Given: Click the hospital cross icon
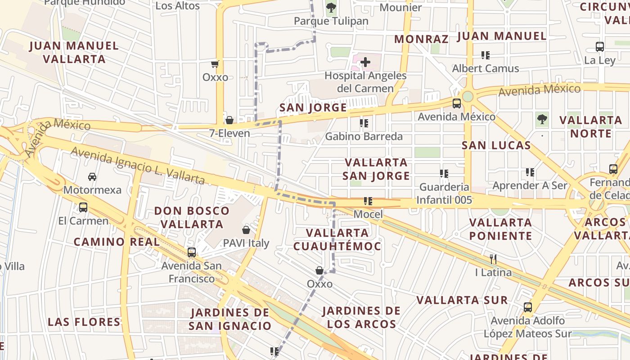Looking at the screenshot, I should pyautogui.click(x=365, y=62).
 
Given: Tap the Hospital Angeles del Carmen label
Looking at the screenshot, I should pyautogui.click(x=365, y=82).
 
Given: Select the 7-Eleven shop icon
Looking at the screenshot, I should pyautogui.click(x=229, y=120).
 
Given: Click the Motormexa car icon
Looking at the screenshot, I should pyautogui.click(x=92, y=176).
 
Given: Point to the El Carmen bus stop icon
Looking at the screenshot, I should pyautogui.click(x=83, y=207).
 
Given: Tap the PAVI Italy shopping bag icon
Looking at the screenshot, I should pyautogui.click(x=246, y=230).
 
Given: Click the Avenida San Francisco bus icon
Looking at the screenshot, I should pyautogui.click(x=192, y=252).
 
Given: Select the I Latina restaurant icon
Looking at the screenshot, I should pyautogui.click(x=493, y=259).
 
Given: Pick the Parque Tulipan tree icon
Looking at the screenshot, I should pyautogui.click(x=331, y=7).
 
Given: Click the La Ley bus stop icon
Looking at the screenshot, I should pyautogui.click(x=600, y=46).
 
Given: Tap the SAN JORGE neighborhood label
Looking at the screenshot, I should pyautogui.click(x=313, y=108).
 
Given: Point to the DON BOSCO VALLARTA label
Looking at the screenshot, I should pyautogui.click(x=192, y=217).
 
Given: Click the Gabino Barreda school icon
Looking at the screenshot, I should pyautogui.click(x=364, y=123).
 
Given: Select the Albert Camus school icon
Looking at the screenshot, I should pyautogui.click(x=485, y=55).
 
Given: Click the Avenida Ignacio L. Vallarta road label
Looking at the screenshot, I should pyautogui.click(x=138, y=166).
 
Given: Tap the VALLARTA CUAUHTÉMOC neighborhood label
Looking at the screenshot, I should pyautogui.click(x=337, y=239).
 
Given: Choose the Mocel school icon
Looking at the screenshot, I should pyautogui.click(x=368, y=201).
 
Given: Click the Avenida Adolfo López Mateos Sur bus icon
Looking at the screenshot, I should pyautogui.click(x=528, y=307).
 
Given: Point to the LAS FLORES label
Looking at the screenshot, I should pyautogui.click(x=84, y=322).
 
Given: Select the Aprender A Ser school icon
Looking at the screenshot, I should pyautogui.click(x=530, y=172).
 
